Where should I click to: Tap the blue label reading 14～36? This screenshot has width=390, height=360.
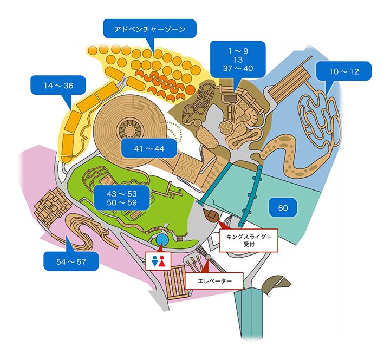click(59, 86)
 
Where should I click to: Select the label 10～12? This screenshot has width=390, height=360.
click(343, 71)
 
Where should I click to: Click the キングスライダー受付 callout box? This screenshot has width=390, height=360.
click(248, 240)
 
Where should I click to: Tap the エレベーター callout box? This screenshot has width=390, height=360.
click(214, 282)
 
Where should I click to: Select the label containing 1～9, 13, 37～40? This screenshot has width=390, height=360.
click(238, 60)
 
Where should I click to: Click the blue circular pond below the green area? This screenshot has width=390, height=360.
click(161, 239)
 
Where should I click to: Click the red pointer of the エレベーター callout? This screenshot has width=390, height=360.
click(207, 267)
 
